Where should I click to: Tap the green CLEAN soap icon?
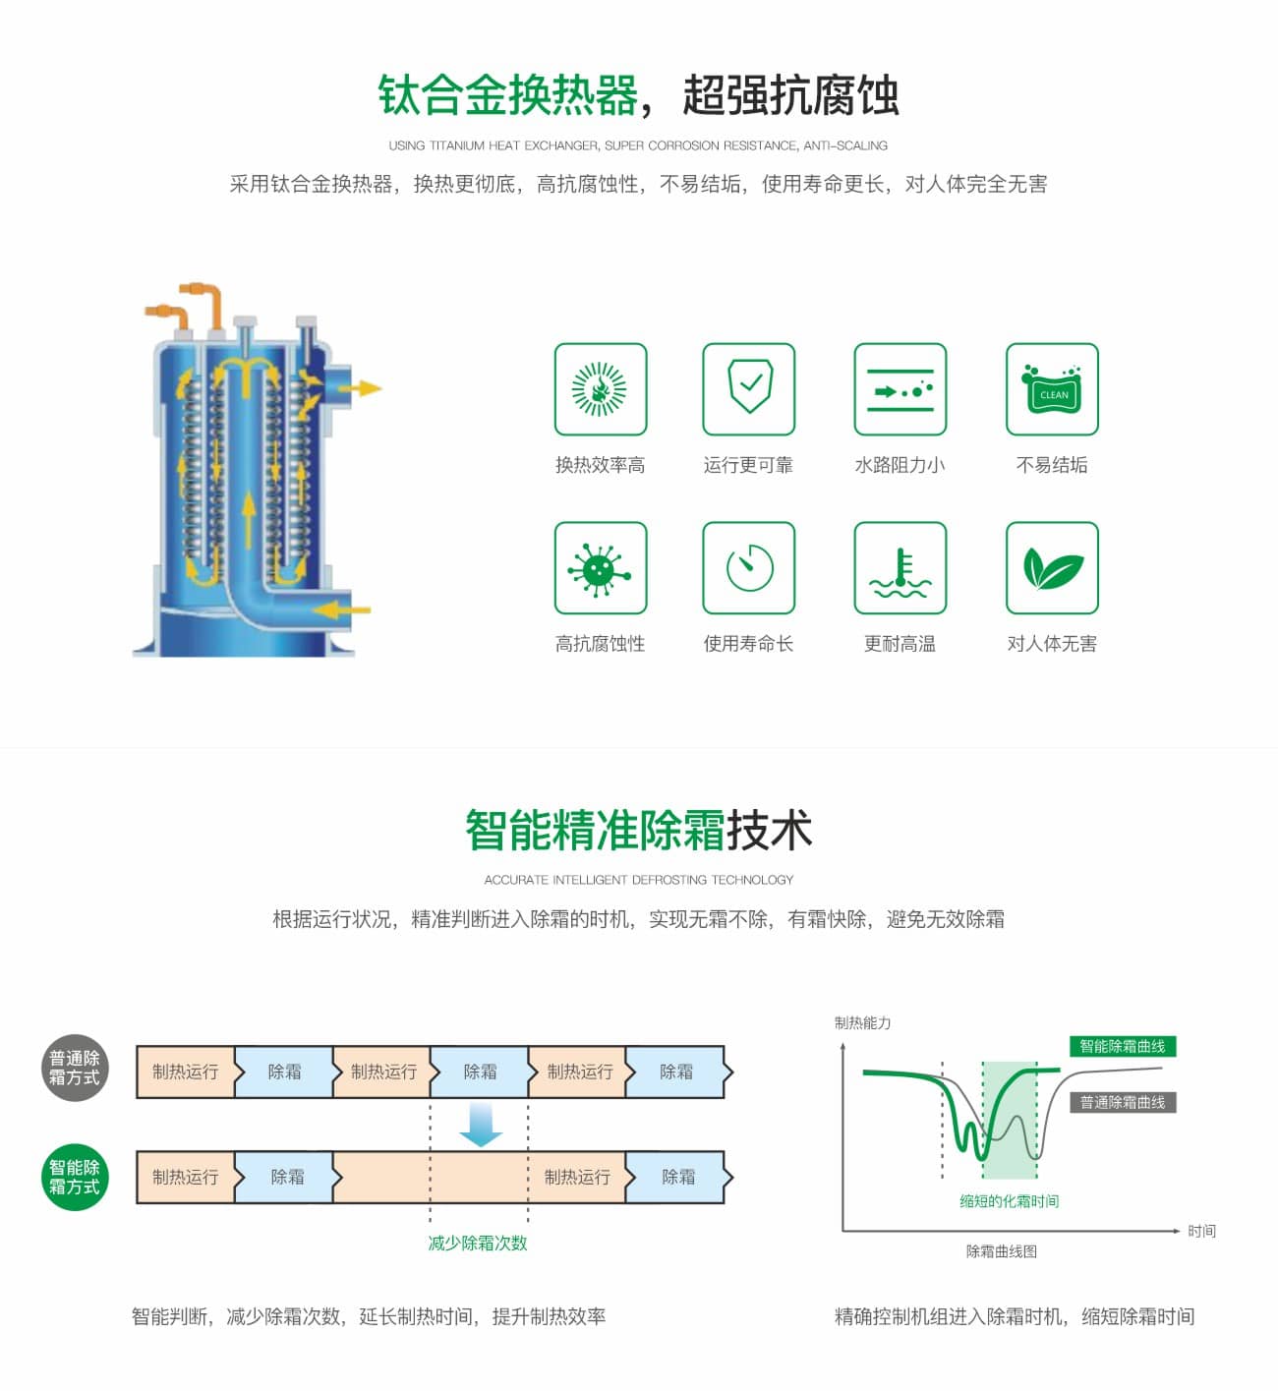click(x=1052, y=389)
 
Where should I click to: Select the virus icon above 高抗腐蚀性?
click(x=601, y=568)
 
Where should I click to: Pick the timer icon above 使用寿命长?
click(x=749, y=568)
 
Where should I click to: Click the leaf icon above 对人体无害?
click(x=1052, y=568)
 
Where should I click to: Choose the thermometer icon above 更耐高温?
click(x=900, y=568)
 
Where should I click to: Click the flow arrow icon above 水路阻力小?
click(x=900, y=389)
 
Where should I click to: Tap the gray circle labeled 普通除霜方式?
click(x=75, y=1068)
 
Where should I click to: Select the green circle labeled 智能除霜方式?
click(x=75, y=1177)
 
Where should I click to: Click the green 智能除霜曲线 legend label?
click(x=1123, y=1046)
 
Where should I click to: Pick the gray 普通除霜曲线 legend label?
click(x=1123, y=1102)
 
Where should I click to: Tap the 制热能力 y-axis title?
click(x=862, y=1022)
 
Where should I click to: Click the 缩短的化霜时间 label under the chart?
click(x=1009, y=1201)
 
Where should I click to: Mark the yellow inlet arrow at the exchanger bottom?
click(x=341, y=610)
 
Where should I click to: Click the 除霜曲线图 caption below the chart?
click(x=1002, y=1251)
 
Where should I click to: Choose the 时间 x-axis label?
click(x=1201, y=1231)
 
